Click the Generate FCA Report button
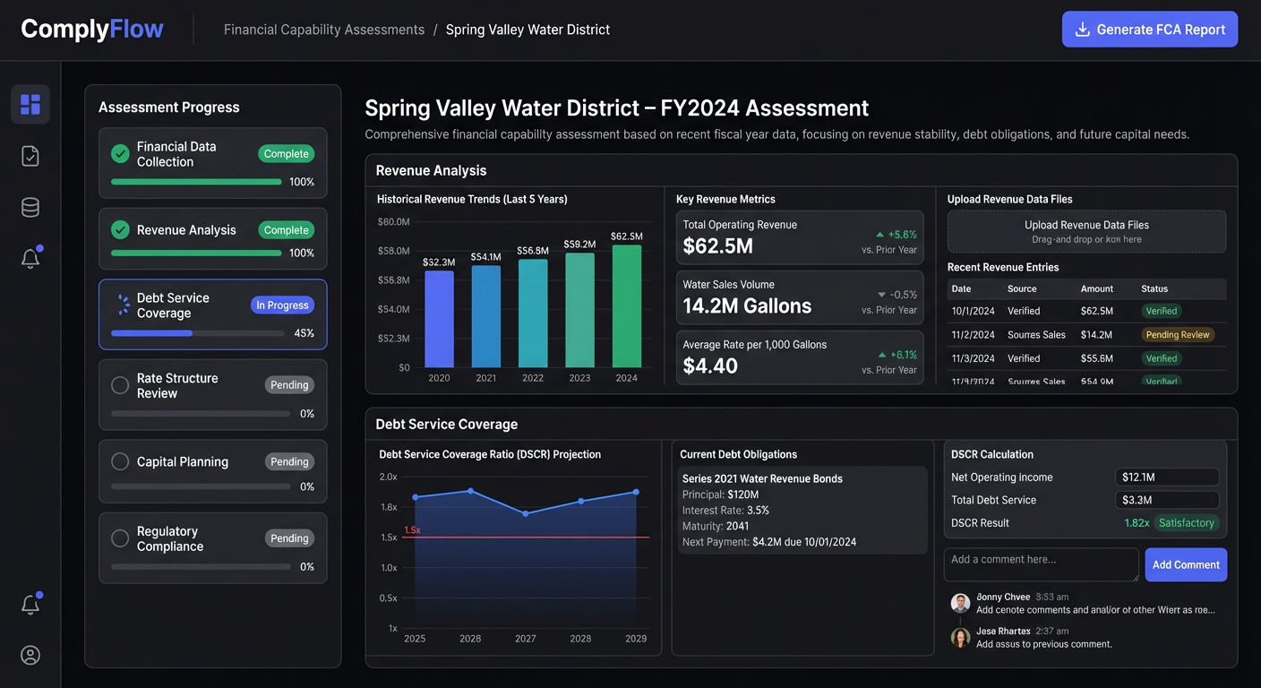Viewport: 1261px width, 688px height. pyautogui.click(x=1150, y=30)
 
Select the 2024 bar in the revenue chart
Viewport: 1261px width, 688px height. pyautogui.click(x=626, y=305)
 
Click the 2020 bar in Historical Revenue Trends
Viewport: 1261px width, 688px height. pyautogui.click(x=439, y=318)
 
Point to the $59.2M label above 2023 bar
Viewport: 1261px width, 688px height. pyautogui.click(x=579, y=244)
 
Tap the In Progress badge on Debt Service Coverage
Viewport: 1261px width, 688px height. pyautogui.click(x=282, y=305)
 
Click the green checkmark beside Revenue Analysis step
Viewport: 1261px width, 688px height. pyautogui.click(x=120, y=230)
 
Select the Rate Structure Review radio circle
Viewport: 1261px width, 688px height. pyautogui.click(x=120, y=385)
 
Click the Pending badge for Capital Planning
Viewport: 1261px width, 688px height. pyautogui.click(x=289, y=462)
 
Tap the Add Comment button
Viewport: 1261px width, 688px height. pyautogui.click(x=1186, y=565)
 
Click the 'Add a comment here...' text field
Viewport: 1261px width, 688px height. pyautogui.click(x=1041, y=565)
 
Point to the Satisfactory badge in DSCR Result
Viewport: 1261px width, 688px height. pyautogui.click(x=1186, y=523)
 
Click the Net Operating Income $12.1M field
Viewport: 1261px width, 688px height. pyautogui.click(x=1166, y=477)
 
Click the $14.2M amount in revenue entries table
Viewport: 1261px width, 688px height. pyautogui.click(x=1096, y=335)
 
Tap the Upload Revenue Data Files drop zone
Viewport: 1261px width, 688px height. pyautogui.click(x=1086, y=232)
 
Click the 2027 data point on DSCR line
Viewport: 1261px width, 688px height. pyautogui.click(x=526, y=513)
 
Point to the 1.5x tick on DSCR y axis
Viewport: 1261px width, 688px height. pyautogui.click(x=389, y=537)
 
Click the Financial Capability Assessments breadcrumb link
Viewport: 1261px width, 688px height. pyautogui.click(x=324, y=30)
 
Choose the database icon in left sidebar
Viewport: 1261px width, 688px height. pyautogui.click(x=30, y=208)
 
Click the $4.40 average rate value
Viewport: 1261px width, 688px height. pyautogui.click(x=710, y=366)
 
